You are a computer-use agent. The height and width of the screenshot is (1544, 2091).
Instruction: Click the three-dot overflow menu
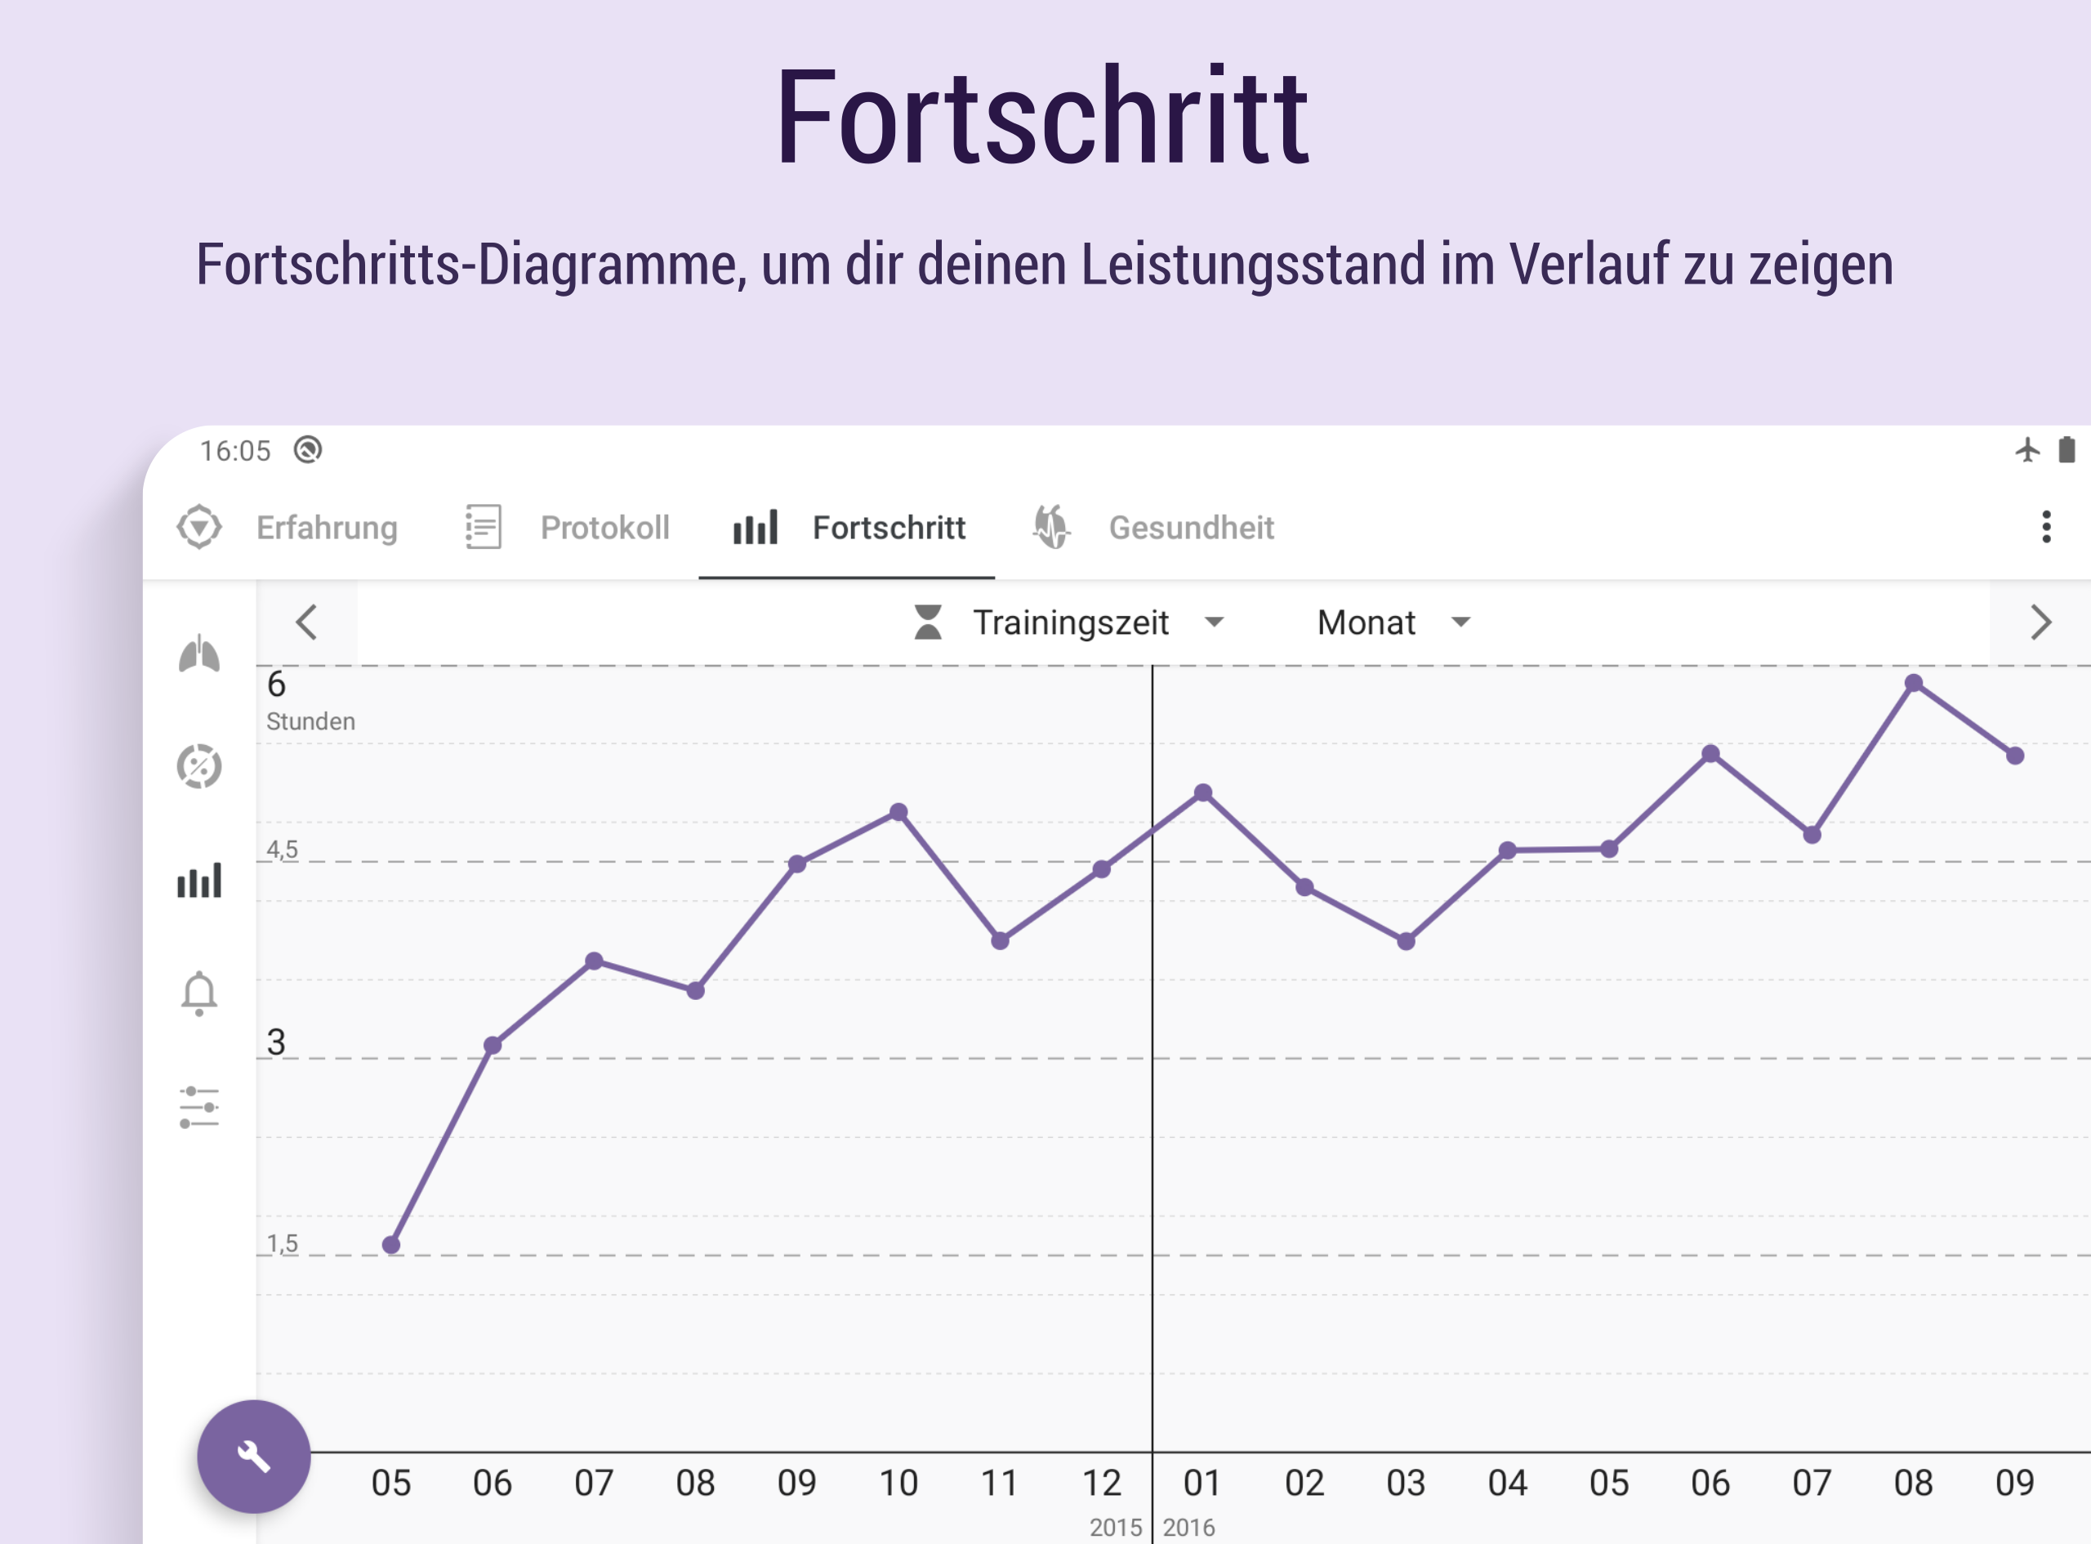pos(2046,527)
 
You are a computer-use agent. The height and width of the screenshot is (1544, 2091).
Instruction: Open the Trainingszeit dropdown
pos(1070,623)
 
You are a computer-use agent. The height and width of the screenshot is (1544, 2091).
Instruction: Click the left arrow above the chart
pos(306,623)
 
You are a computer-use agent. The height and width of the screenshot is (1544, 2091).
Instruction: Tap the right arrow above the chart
pos(2040,623)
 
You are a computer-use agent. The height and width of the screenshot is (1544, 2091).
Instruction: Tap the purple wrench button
pos(253,1456)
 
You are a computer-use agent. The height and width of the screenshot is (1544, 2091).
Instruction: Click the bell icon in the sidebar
pos(199,993)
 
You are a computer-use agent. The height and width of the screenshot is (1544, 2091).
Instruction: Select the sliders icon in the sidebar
pos(199,1108)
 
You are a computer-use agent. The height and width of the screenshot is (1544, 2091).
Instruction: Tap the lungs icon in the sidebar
pos(199,654)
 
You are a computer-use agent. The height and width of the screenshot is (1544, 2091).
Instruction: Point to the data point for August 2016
pos(1914,683)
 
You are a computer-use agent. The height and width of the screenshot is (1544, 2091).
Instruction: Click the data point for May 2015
pos(391,1245)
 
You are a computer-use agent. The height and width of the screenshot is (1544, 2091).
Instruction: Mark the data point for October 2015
pos(898,812)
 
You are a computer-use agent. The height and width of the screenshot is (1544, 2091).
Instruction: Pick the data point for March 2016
pos(1407,941)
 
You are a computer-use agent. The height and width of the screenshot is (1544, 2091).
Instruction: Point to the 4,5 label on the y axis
pos(282,850)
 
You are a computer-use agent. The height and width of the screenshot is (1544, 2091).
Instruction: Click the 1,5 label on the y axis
pos(282,1243)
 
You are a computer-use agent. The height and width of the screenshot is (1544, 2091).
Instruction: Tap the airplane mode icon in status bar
pos(2027,450)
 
